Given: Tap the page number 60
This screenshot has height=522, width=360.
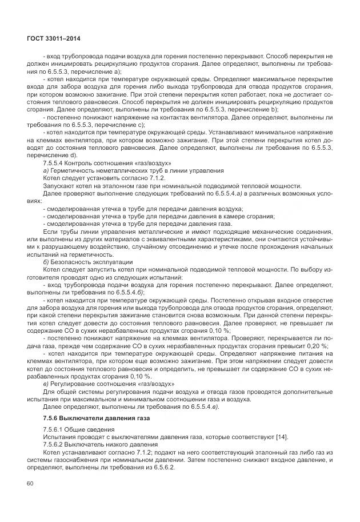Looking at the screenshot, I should tap(31, 484).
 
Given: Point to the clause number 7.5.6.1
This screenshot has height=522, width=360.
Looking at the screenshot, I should tap(52, 430).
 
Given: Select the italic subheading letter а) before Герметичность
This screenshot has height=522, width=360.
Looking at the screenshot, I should tap(46, 170).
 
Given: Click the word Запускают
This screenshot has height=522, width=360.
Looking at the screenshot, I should tap(60, 185).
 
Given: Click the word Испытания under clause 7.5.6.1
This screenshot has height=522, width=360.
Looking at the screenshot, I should tap(61, 437).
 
